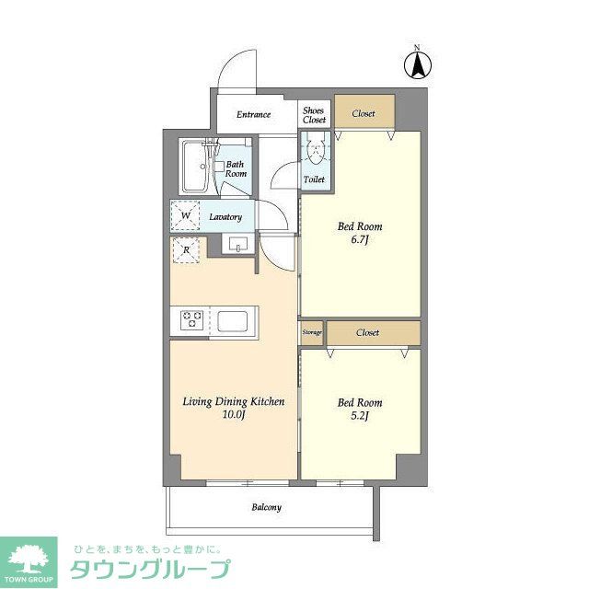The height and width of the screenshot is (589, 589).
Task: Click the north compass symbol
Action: (417, 65)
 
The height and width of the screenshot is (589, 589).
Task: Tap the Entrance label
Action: (253, 115)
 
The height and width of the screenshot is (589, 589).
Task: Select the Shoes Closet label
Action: (315, 114)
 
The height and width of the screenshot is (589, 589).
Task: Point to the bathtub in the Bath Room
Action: (196, 167)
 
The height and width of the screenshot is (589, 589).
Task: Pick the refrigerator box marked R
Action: (187, 249)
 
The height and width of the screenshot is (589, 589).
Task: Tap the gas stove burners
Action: (192, 318)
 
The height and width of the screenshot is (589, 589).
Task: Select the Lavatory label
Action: (225, 217)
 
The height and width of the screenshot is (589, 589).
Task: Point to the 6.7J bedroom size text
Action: (360, 241)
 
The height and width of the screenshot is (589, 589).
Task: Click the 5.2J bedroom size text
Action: (360, 417)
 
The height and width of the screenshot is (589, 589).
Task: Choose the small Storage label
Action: (311, 332)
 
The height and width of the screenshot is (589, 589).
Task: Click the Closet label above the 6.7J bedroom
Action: (364, 114)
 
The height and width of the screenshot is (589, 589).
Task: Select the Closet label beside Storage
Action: (368, 332)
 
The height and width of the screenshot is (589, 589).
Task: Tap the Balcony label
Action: (267, 507)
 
